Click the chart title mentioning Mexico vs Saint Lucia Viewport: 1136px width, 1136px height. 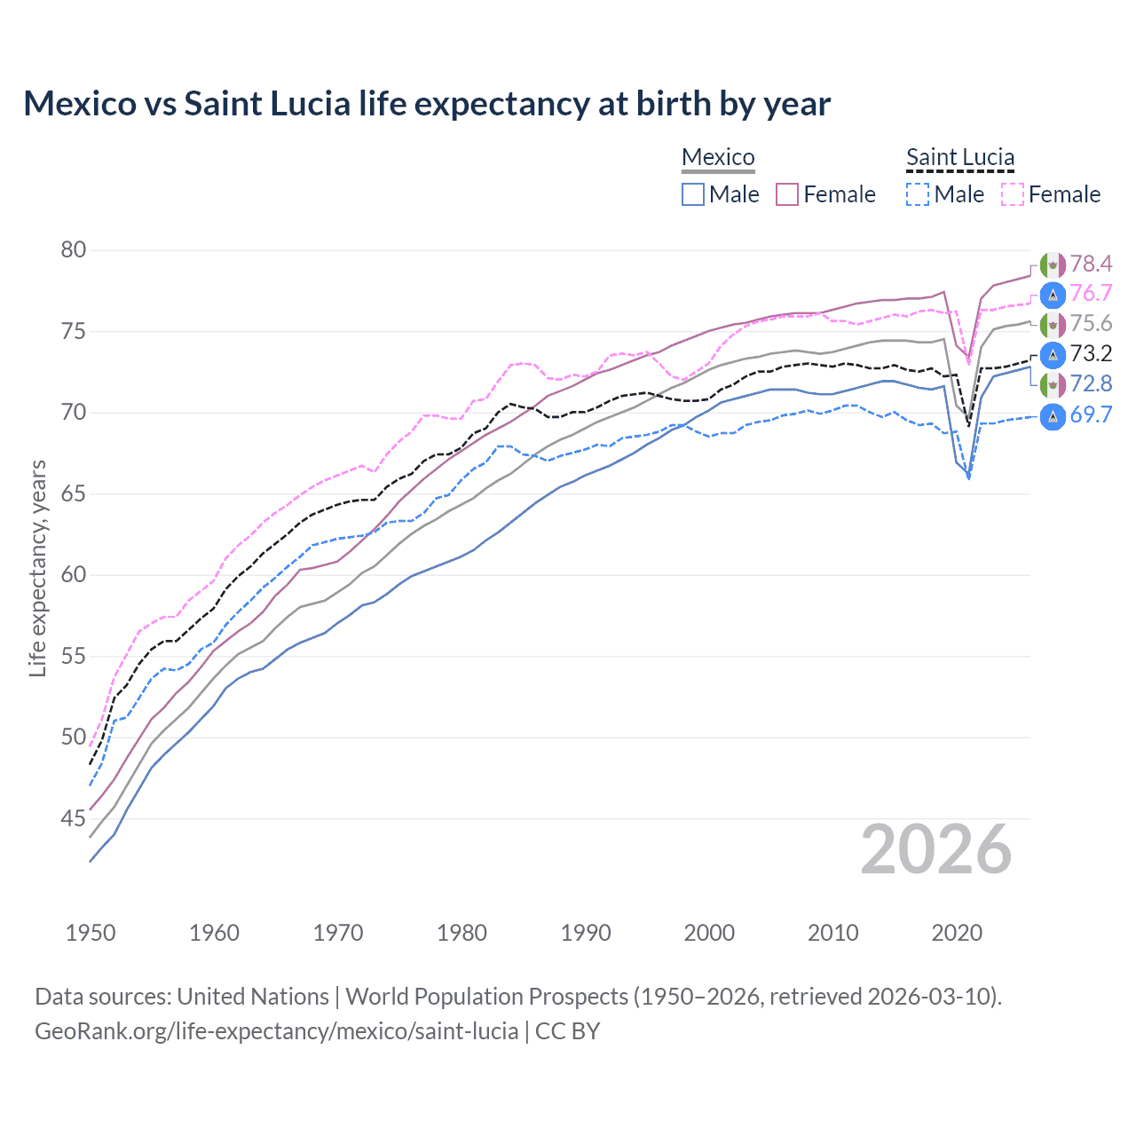427,104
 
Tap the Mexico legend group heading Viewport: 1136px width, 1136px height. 718,157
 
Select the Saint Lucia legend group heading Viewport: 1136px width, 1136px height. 959,157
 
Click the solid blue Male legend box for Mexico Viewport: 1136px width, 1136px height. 693,194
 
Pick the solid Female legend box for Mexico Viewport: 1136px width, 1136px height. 787,194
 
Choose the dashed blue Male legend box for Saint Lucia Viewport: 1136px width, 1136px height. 918,194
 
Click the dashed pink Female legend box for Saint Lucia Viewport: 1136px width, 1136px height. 1012,194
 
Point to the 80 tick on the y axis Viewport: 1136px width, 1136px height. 74,249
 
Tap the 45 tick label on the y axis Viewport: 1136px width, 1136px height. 74,818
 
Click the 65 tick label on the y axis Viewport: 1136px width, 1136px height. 74,493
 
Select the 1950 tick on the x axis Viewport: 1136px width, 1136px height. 91,933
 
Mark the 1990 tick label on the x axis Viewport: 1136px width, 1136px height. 586,933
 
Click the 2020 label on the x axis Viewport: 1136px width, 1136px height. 957,933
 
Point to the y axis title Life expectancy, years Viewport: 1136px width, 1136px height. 37,568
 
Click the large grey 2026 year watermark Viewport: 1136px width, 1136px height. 936,849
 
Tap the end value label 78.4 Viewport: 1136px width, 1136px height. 1091,264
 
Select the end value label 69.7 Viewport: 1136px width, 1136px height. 1091,414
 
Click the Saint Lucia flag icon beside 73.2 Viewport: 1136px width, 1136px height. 1053,354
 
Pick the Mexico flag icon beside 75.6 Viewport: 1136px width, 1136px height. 1053,324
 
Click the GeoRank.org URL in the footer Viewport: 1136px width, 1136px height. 276,1031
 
